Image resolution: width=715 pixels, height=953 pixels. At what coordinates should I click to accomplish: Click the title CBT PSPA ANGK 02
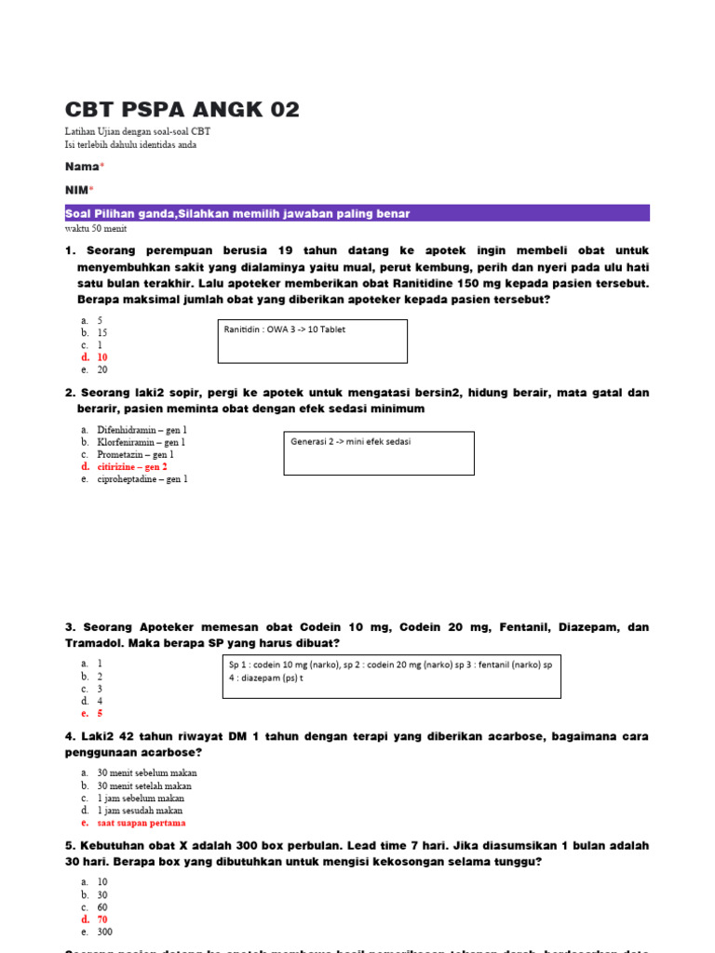[182, 110]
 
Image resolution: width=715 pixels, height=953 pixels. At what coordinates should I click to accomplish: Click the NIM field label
[78, 190]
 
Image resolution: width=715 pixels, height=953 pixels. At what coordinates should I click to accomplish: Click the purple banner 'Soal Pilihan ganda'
[357, 214]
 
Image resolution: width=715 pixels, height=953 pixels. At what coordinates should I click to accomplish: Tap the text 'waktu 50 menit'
[96, 228]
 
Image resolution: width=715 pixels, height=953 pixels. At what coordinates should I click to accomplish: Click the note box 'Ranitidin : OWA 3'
[312, 341]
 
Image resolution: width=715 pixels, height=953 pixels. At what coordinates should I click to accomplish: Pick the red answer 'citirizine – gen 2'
[132, 466]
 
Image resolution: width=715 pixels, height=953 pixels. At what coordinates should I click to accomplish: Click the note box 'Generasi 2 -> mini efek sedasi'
[379, 452]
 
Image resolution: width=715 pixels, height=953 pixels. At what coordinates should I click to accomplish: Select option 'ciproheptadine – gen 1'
[142, 478]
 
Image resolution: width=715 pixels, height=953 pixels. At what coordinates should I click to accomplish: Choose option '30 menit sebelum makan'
[146, 772]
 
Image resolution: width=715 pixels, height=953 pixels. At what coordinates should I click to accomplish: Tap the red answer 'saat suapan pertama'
[141, 823]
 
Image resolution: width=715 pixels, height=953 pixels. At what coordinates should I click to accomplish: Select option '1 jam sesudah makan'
[140, 810]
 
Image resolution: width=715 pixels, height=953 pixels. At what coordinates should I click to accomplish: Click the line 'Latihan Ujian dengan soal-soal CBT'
[138, 132]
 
